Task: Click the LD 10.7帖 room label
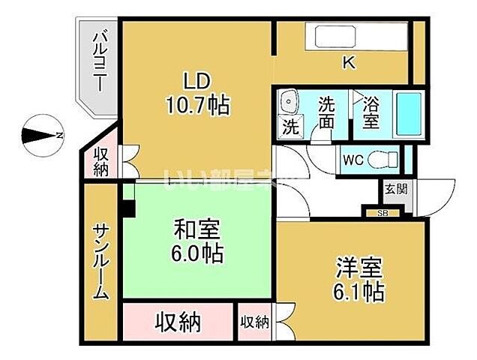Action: point(196,94)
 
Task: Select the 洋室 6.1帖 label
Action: point(359,278)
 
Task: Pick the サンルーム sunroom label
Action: point(101,262)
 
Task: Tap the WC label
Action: point(352,159)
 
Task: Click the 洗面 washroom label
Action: point(326,112)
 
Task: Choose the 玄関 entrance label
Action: point(396,188)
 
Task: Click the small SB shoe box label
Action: point(382,213)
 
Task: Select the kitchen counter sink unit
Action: point(360,37)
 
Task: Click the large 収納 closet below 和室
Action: point(178,322)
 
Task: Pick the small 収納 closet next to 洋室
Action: point(254,322)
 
